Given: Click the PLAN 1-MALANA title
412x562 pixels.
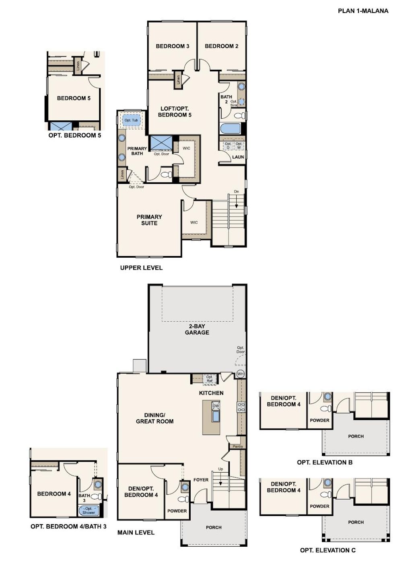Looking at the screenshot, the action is click(x=363, y=11).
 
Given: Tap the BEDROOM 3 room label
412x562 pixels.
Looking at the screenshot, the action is click(x=173, y=46).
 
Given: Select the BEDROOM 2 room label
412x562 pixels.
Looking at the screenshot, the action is click(x=221, y=46).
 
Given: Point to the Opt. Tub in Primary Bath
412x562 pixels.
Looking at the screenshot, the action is click(x=131, y=120).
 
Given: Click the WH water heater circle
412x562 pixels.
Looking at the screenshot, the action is click(x=240, y=374).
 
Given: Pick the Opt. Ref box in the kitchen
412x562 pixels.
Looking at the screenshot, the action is click(x=209, y=379).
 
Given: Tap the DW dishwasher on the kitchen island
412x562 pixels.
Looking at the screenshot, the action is click(x=215, y=406).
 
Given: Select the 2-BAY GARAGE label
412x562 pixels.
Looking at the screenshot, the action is click(x=197, y=329).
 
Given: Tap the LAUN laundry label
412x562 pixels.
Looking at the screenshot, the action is click(x=238, y=157).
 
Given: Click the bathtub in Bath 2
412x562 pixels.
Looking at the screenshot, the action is click(x=231, y=129).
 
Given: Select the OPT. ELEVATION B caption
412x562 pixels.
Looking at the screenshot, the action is click(x=325, y=462).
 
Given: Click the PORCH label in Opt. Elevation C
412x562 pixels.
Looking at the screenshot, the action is click(x=356, y=522).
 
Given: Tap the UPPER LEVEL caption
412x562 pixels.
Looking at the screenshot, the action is click(x=141, y=268).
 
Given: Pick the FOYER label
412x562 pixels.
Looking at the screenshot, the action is click(x=201, y=480).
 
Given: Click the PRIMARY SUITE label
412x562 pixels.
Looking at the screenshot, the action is click(x=149, y=220).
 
